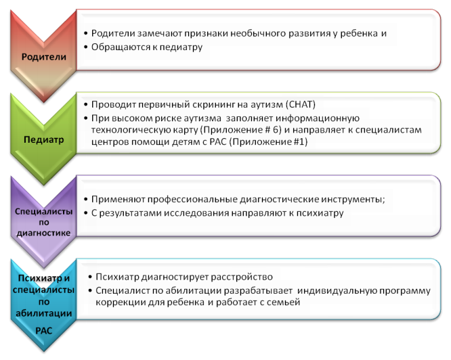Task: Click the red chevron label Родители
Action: tap(44, 57)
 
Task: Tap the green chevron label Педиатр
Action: tap(44, 139)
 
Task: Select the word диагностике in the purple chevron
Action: tap(43, 233)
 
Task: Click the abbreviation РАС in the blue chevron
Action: tap(44, 331)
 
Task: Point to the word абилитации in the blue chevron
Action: tap(44, 313)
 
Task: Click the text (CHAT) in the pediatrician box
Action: tap(301, 104)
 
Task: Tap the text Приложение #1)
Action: tap(268, 141)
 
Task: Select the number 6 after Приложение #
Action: tap(276, 130)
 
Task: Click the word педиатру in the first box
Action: tap(181, 47)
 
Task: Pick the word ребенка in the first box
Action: tap(359, 34)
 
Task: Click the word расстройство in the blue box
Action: tap(242, 277)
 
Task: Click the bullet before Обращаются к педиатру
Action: tap(86, 47)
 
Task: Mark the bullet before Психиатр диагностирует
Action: tap(90, 277)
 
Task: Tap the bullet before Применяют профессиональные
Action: tap(86, 200)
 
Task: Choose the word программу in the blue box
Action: tap(405, 291)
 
